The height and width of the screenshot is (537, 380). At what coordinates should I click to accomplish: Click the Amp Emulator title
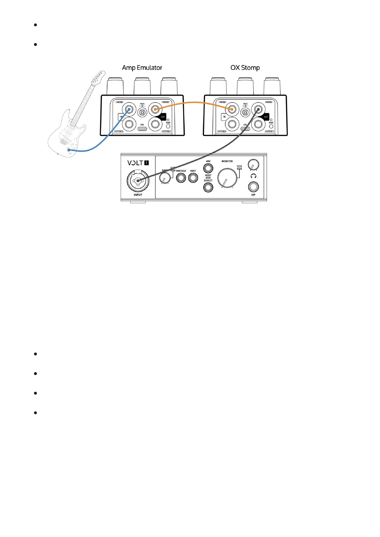pos(142,68)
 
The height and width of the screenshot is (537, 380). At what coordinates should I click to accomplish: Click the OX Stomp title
pos(245,68)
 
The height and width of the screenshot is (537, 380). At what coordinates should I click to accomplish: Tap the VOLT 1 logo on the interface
pos(138,163)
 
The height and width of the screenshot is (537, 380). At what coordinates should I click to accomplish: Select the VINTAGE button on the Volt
pos(181,178)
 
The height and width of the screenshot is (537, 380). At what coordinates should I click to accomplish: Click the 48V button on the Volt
pos(208,168)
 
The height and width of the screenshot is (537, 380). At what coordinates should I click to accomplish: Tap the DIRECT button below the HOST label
pos(208,187)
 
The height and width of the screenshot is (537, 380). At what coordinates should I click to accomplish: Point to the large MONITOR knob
pos(227,178)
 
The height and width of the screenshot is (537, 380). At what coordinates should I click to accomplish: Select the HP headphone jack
pos(253,187)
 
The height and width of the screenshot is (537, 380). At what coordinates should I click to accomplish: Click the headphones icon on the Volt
pos(253,176)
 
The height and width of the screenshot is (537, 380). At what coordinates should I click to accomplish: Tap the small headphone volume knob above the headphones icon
pos(253,165)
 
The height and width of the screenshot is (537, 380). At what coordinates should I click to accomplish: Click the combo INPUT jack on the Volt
pos(138,181)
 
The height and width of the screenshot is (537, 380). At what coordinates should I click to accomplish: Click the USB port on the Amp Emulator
pos(142,129)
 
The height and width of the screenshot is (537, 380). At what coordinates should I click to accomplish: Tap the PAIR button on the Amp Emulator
pos(168,126)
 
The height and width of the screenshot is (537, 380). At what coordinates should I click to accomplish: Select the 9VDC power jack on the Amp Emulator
pos(142,112)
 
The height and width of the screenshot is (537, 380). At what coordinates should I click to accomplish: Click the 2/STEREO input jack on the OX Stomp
pos(232,124)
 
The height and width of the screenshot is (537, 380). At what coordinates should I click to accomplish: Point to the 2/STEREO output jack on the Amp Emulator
pos(155,124)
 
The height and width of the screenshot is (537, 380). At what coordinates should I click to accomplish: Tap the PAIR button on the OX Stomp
pos(271,126)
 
